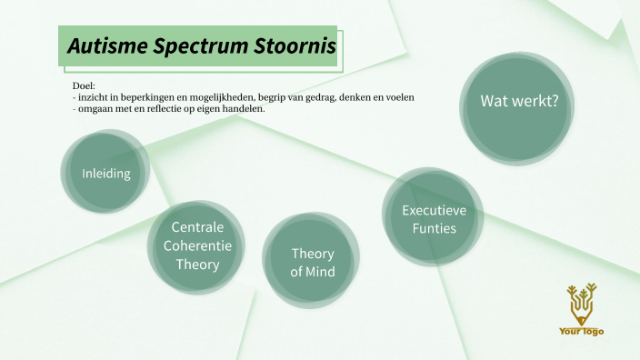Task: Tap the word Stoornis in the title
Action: click(x=291, y=45)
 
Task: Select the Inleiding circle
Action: click(x=106, y=174)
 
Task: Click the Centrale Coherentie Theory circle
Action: click(x=197, y=245)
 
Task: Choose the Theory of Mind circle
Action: click(x=312, y=262)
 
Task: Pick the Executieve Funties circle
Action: click(x=434, y=219)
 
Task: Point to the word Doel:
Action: click(x=85, y=86)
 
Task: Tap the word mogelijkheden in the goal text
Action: click(x=237, y=97)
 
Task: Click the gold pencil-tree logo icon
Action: click(x=581, y=304)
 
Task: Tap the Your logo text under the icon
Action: click(x=581, y=331)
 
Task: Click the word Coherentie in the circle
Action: click(x=197, y=245)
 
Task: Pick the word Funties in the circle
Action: click(x=434, y=228)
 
